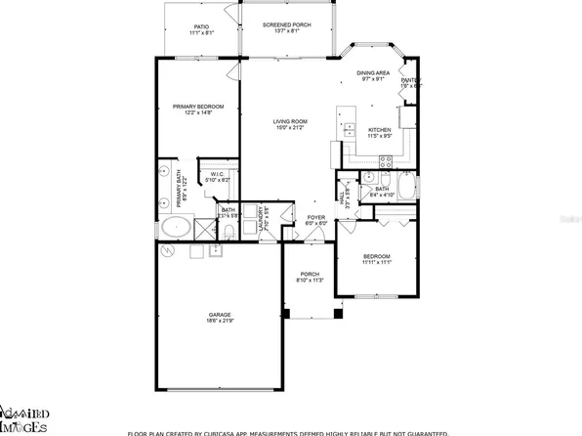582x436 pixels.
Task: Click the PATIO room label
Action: [200, 27]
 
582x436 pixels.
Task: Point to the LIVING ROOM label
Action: [290, 120]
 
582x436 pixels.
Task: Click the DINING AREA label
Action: [373, 73]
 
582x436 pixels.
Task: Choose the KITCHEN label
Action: [380, 130]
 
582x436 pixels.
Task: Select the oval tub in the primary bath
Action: [176, 230]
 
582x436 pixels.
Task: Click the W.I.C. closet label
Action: [218, 174]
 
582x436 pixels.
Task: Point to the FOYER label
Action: [315, 217]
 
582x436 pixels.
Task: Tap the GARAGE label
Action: [218, 314]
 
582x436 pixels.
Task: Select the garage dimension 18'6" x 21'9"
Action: [218, 321]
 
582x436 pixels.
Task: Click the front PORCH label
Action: [310, 274]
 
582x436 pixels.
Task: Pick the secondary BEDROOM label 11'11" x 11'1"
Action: [376, 257]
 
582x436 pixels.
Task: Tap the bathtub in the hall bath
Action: [405, 189]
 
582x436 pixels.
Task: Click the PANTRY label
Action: [410, 81]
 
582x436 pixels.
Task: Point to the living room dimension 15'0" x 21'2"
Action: [290, 127]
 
